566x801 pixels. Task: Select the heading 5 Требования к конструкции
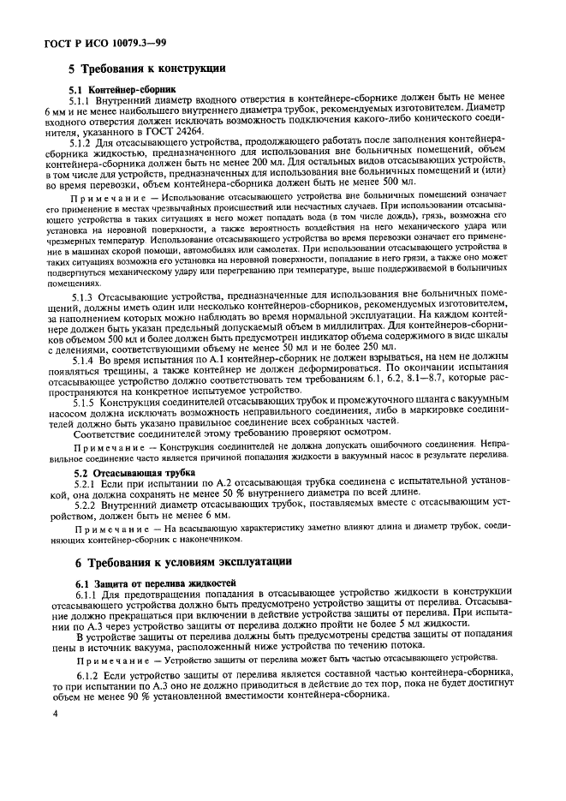(x=146, y=68)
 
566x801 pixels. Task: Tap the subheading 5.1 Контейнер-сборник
(x=122, y=89)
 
